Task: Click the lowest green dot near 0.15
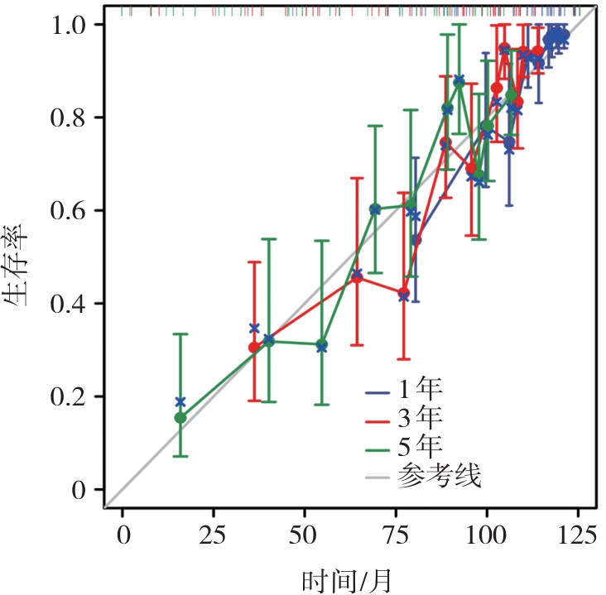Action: [180, 418]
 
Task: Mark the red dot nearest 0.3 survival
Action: [254, 348]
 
